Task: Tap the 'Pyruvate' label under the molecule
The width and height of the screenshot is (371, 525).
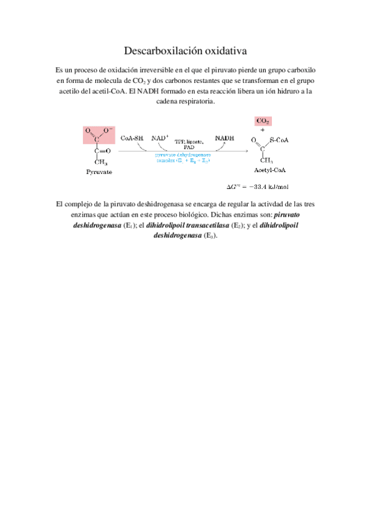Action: point(98,172)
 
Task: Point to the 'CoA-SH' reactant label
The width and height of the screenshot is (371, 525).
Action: point(133,138)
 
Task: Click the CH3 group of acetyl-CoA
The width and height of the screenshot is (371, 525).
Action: point(267,160)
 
